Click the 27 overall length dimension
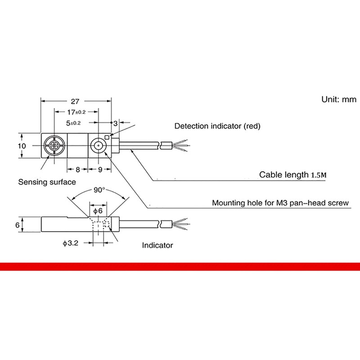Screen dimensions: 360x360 [x=75, y=101]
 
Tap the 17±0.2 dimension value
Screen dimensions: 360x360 [x=76, y=112]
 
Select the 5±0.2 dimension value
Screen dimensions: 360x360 [x=73, y=123]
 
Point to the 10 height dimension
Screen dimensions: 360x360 [x=22, y=146]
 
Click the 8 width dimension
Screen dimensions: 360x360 [x=77, y=170]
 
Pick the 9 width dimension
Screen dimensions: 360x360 [x=100, y=170]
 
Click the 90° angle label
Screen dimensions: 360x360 [x=99, y=190]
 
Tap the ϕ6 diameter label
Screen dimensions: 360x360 [x=98, y=211]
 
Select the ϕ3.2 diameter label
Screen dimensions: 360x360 [x=71, y=243]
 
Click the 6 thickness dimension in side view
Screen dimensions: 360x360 [x=18, y=225]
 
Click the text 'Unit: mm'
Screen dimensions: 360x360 [x=339, y=99]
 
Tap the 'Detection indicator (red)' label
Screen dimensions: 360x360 [x=217, y=126]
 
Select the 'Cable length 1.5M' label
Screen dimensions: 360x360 [x=293, y=175]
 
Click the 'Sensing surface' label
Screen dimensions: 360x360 [x=47, y=182]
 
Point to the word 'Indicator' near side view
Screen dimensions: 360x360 [x=157, y=245]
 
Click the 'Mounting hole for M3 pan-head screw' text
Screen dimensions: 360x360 [x=280, y=203]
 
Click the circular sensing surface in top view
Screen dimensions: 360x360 [x=54, y=145]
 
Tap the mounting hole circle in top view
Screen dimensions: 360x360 [x=98, y=145]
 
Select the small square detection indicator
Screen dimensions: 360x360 [x=107, y=137]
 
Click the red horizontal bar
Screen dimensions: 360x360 [x=180, y=267]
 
